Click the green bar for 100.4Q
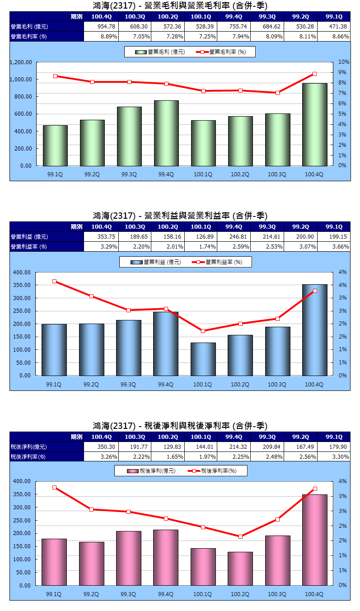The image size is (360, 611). (314, 124)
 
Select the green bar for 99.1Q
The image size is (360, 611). (55, 145)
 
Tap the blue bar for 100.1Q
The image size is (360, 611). (203, 359)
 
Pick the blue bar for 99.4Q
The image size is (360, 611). (166, 343)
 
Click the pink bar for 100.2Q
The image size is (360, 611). (240, 568)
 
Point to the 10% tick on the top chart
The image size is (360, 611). (344, 62)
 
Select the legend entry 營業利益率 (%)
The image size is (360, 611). (219, 262)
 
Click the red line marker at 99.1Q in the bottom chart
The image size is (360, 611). (55, 488)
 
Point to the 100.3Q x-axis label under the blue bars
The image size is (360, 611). (277, 385)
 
